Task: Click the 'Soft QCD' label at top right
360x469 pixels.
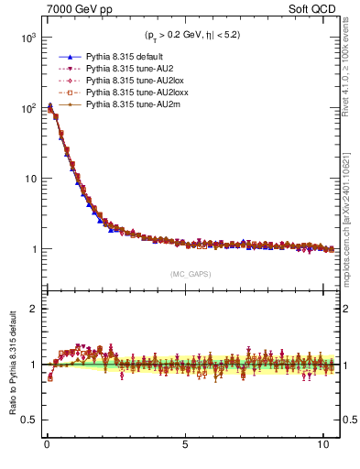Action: pos(315,9)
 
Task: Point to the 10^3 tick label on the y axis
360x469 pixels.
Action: pos(26,38)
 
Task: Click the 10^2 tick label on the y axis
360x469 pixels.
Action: pos(26,108)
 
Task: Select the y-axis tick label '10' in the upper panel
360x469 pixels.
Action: pos(27,179)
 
